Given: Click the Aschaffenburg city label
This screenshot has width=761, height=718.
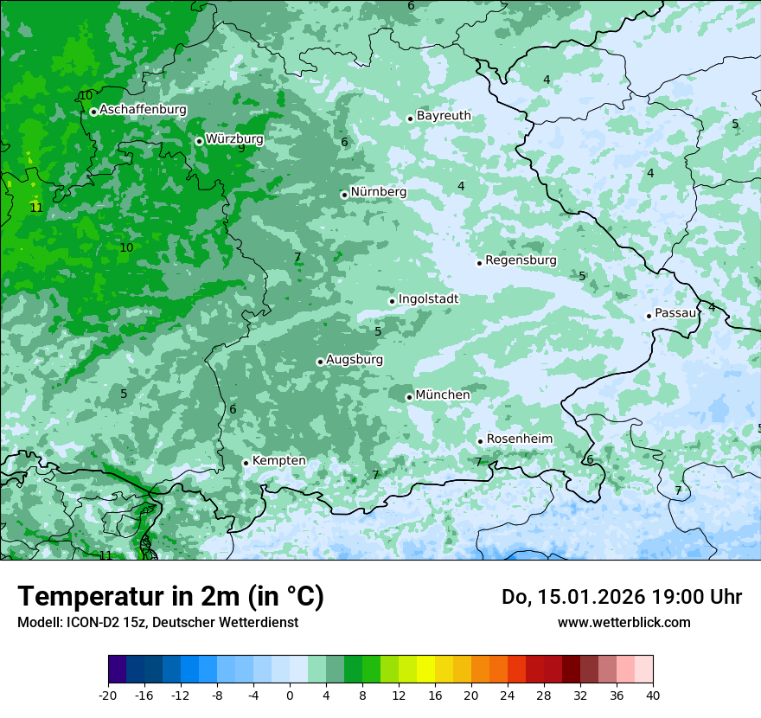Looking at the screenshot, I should (x=143, y=110).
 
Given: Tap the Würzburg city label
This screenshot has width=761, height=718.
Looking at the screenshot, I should (x=234, y=139).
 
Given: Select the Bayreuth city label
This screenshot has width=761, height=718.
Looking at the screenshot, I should (x=444, y=116).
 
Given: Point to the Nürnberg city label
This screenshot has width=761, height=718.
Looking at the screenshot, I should (x=378, y=192).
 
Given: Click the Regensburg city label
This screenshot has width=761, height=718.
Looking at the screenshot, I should (x=521, y=260).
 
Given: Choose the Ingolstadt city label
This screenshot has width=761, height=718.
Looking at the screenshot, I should (x=428, y=299).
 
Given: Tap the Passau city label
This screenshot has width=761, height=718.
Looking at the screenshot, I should (x=675, y=313).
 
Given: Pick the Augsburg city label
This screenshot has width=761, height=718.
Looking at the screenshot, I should (x=355, y=360).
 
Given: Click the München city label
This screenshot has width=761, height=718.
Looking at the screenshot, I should (x=443, y=395).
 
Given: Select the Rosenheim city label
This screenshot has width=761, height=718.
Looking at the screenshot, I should (x=519, y=439).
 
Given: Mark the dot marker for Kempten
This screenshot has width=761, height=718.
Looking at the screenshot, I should (x=246, y=463).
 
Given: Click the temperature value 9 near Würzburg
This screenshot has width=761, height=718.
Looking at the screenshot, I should (x=241, y=149).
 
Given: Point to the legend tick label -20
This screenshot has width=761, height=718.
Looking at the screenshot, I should (x=108, y=695).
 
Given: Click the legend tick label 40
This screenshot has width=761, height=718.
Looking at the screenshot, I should (x=652, y=695).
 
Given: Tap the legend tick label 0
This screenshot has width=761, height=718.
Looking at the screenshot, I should (x=290, y=695).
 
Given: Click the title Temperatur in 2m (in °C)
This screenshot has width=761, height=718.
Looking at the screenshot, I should (x=170, y=597).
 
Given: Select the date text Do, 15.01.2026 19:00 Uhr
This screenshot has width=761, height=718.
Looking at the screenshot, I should (x=622, y=597).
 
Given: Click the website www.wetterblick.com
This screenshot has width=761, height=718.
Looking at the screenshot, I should (x=624, y=622).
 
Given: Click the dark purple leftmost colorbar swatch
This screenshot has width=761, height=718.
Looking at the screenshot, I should (x=117, y=670).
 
